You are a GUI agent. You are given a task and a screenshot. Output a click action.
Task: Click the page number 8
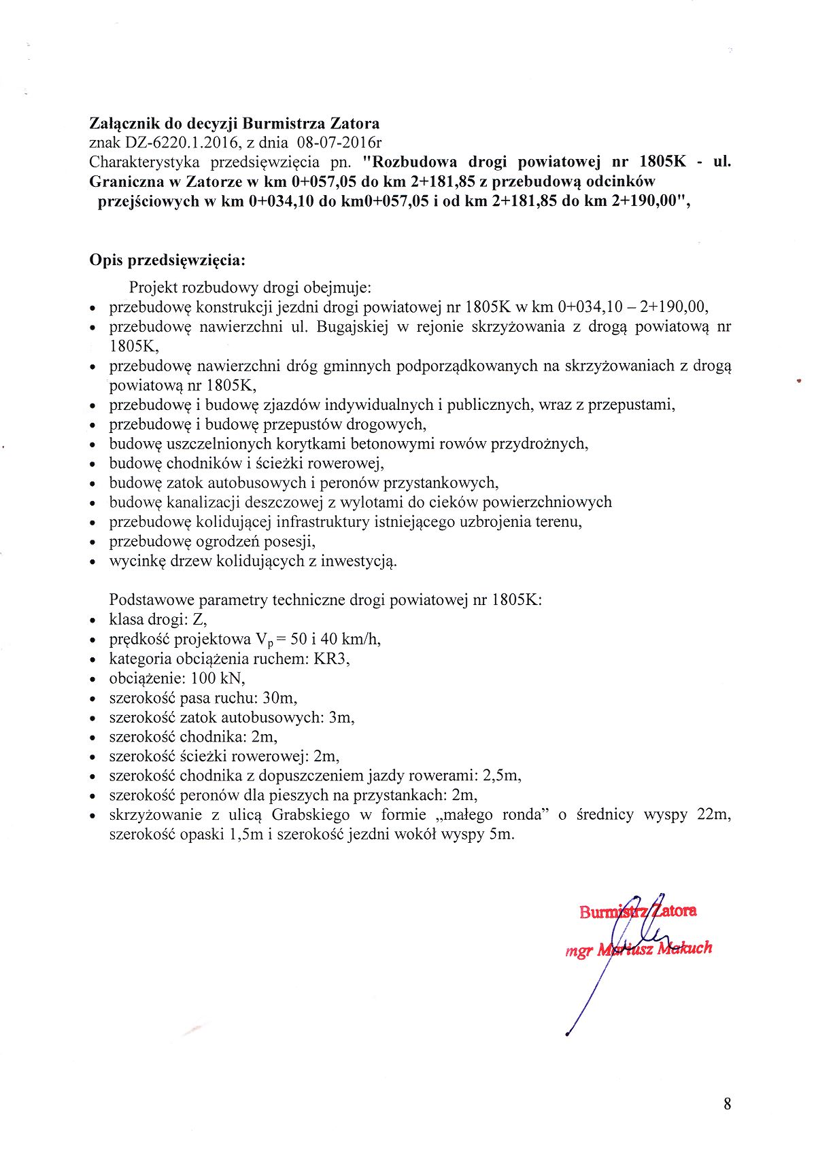728,1104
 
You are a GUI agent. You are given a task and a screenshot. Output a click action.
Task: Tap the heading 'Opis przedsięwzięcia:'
167,260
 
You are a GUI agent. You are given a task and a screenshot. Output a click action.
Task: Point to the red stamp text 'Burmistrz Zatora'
638,911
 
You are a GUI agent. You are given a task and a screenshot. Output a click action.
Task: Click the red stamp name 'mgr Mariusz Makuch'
639,948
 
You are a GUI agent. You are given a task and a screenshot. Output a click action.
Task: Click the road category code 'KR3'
332,659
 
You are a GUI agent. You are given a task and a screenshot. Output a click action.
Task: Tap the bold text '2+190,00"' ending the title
656,202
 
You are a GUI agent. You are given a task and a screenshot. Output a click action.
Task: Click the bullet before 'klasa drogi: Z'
93,621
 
